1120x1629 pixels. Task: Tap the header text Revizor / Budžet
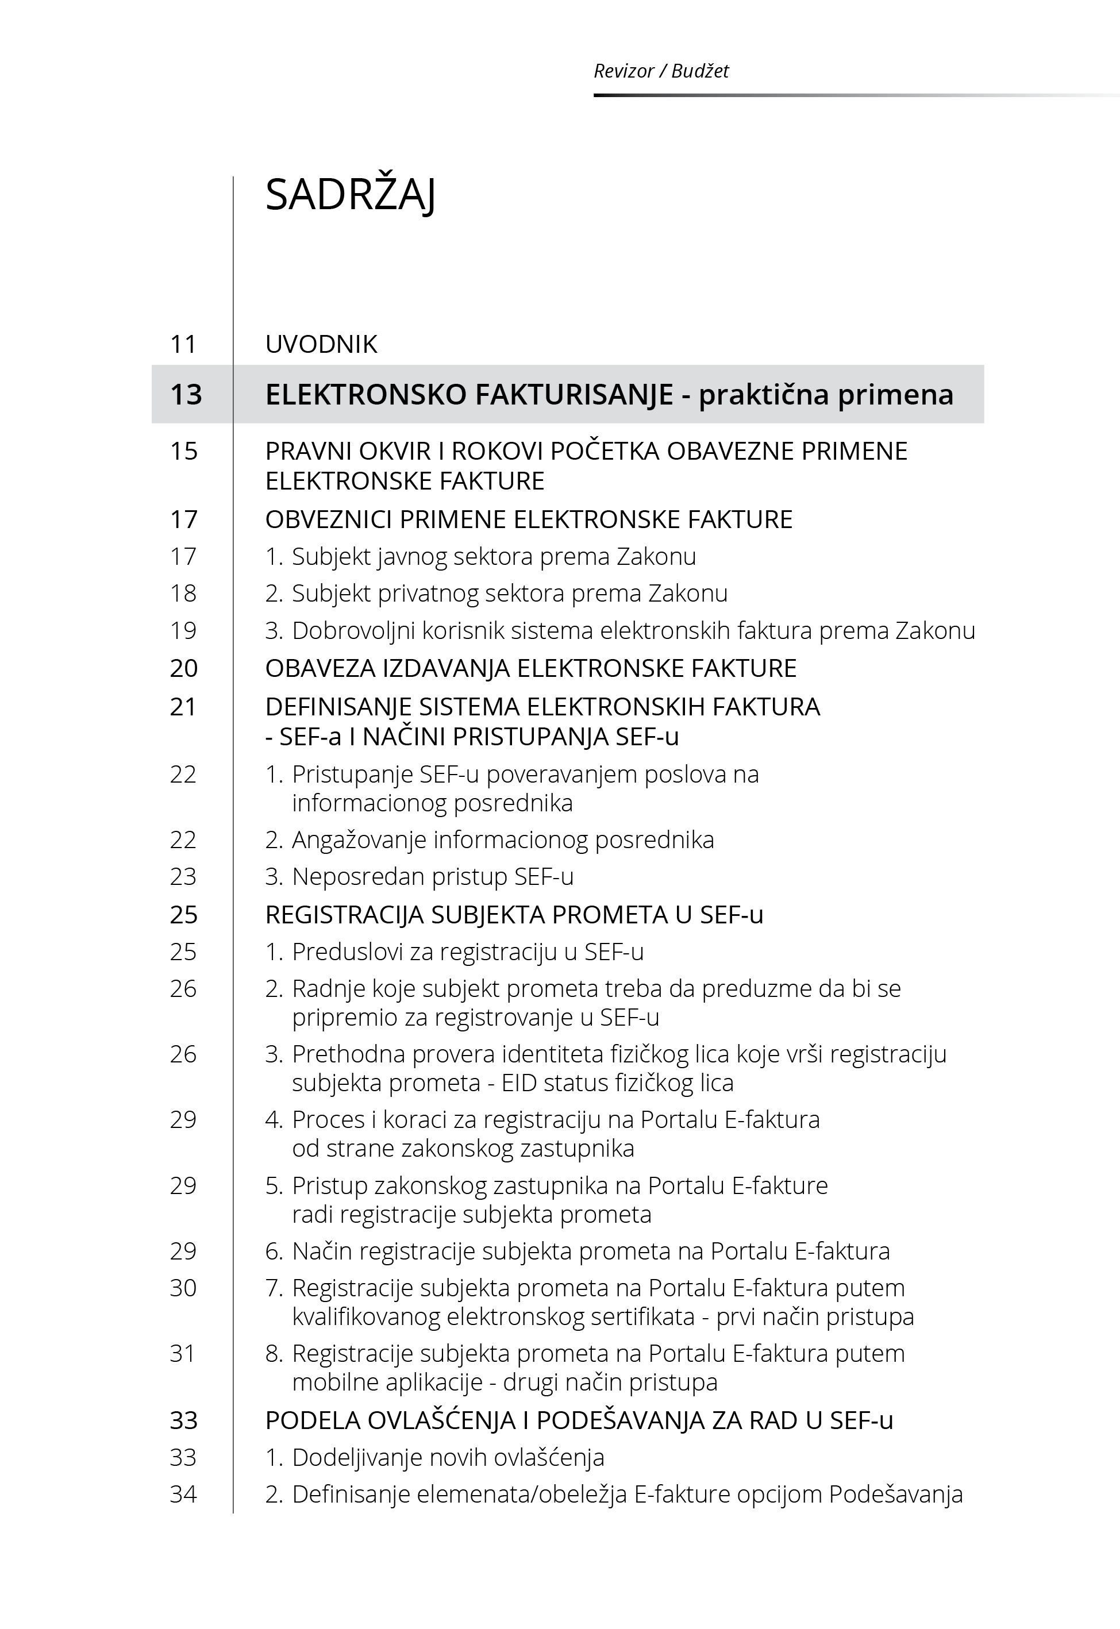660,71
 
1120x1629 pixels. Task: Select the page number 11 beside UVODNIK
183,344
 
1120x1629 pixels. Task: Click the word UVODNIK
321,344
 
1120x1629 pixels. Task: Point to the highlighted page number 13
186,394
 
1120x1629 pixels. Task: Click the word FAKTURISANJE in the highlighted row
574,394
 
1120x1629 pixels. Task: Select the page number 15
184,450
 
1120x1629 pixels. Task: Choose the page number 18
183,594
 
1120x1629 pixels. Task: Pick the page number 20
184,668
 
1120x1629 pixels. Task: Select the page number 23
183,877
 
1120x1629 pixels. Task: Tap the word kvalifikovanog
365,1317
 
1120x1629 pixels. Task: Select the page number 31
183,1353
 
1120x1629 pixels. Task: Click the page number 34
183,1495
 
